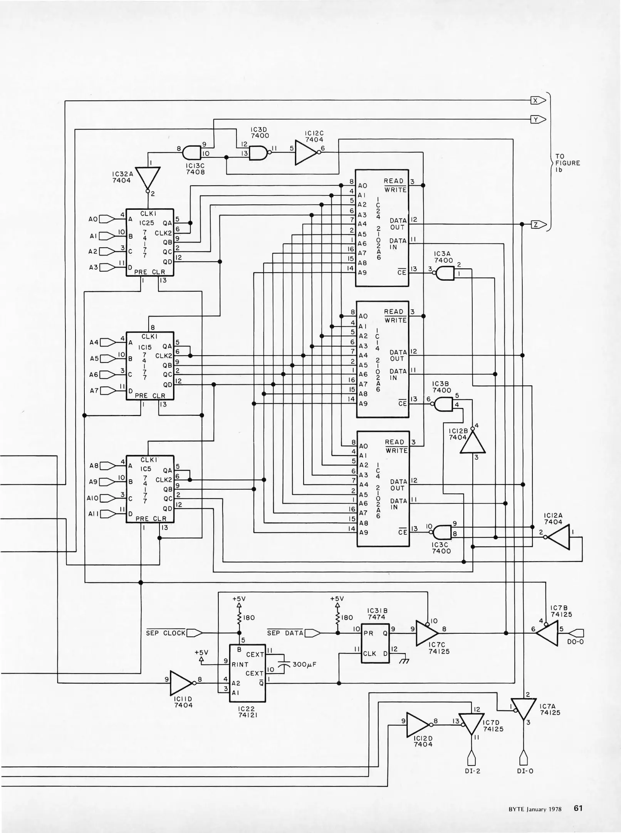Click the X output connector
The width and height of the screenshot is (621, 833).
click(538, 101)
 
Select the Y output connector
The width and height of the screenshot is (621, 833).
click(538, 120)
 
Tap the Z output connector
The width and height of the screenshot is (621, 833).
click(538, 224)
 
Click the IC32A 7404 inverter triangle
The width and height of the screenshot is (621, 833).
click(148, 177)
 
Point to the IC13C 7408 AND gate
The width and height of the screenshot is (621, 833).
click(192, 152)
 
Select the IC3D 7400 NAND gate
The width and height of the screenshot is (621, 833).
click(259, 153)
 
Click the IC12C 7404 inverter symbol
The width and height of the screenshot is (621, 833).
click(306, 152)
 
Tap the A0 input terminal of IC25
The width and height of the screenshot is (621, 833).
click(107, 219)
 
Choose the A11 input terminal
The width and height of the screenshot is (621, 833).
click(108, 514)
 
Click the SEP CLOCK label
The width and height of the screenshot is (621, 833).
click(166, 633)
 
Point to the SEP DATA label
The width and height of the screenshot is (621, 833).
click(285, 633)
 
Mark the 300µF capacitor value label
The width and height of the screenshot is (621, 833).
click(305, 664)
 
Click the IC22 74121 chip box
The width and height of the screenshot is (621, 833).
click(247, 673)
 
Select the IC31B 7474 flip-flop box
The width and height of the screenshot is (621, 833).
click(375, 643)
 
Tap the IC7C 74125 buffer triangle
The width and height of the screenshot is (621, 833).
click(426, 633)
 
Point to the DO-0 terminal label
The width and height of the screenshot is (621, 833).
click(575, 642)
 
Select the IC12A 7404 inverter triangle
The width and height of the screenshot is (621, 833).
click(559, 536)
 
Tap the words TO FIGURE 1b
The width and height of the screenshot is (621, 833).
click(567, 163)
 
